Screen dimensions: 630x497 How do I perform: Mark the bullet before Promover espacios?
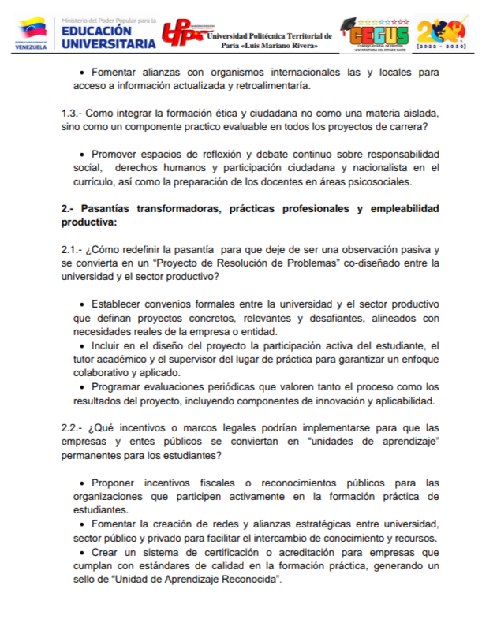(84, 155)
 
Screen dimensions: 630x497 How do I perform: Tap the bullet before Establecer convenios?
(84, 304)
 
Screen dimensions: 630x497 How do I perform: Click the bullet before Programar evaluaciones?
(84, 387)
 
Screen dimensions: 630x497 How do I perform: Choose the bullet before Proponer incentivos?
(84, 483)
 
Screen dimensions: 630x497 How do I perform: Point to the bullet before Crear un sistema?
(84, 552)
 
